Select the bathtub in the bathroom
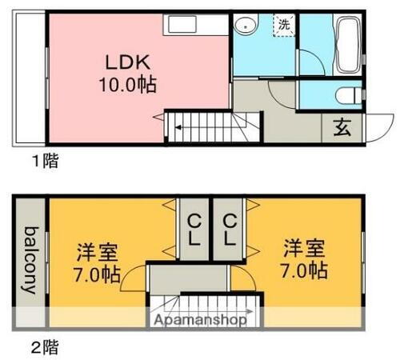coord(346,45)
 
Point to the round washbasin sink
coord(245,26)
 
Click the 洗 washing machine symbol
coord(284,24)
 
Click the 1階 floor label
coord(45,161)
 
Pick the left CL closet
coord(194,228)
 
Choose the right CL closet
coord(230,228)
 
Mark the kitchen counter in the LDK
coord(195,26)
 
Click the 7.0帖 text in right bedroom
coord(304,270)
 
